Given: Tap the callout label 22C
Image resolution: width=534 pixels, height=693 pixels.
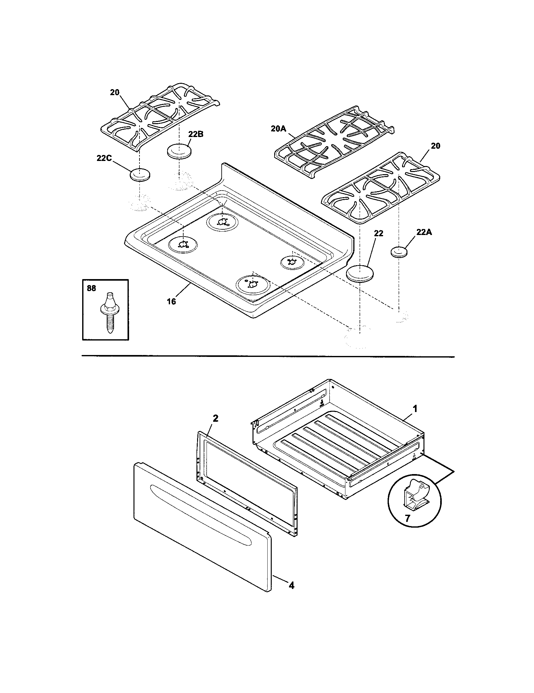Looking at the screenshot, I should (x=104, y=158).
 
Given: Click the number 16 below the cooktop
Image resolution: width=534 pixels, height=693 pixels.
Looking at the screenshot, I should (x=171, y=301).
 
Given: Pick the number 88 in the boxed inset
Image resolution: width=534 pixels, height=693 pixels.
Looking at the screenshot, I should (x=91, y=288).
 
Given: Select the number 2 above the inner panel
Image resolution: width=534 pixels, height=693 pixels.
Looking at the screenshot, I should (x=215, y=418).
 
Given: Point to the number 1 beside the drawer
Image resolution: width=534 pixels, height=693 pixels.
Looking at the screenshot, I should (x=415, y=409).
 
